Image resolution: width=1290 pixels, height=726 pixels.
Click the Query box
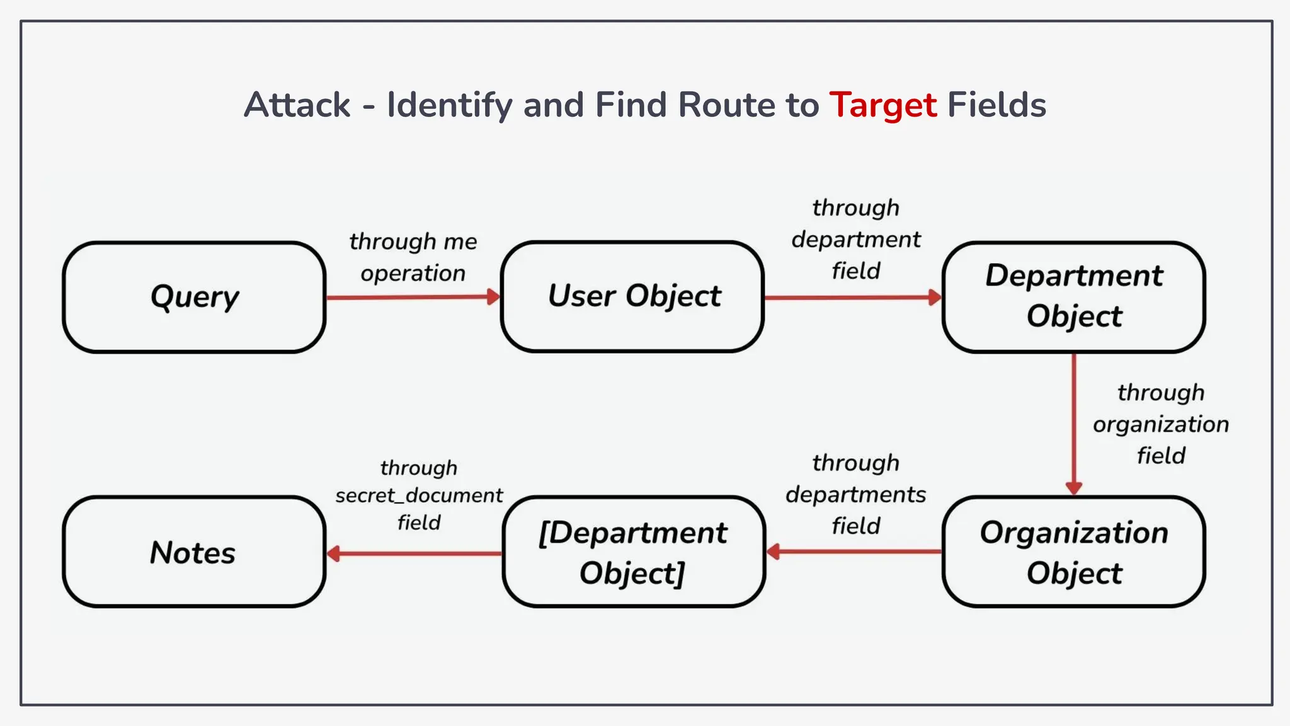194,297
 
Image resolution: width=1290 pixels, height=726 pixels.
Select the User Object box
632,296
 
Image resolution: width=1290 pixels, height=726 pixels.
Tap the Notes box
194,552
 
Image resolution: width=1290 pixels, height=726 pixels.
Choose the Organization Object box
1073,552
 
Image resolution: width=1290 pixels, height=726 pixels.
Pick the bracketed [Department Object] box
634,552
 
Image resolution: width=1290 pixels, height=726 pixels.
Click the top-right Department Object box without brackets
1073,296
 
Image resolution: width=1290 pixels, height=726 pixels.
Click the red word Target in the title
882,105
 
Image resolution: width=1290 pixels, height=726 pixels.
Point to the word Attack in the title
297,105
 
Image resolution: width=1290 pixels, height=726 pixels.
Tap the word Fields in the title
996,105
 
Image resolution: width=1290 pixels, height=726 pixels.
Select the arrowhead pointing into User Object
494,297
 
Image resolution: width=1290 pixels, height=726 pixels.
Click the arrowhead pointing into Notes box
334,554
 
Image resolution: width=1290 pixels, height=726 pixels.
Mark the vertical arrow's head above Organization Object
1074,488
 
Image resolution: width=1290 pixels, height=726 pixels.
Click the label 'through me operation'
413,257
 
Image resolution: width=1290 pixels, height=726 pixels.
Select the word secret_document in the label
419,495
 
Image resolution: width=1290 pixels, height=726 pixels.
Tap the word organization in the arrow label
1161,425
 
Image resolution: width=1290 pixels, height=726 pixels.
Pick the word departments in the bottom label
855,495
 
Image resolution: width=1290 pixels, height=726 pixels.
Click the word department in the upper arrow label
855,239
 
